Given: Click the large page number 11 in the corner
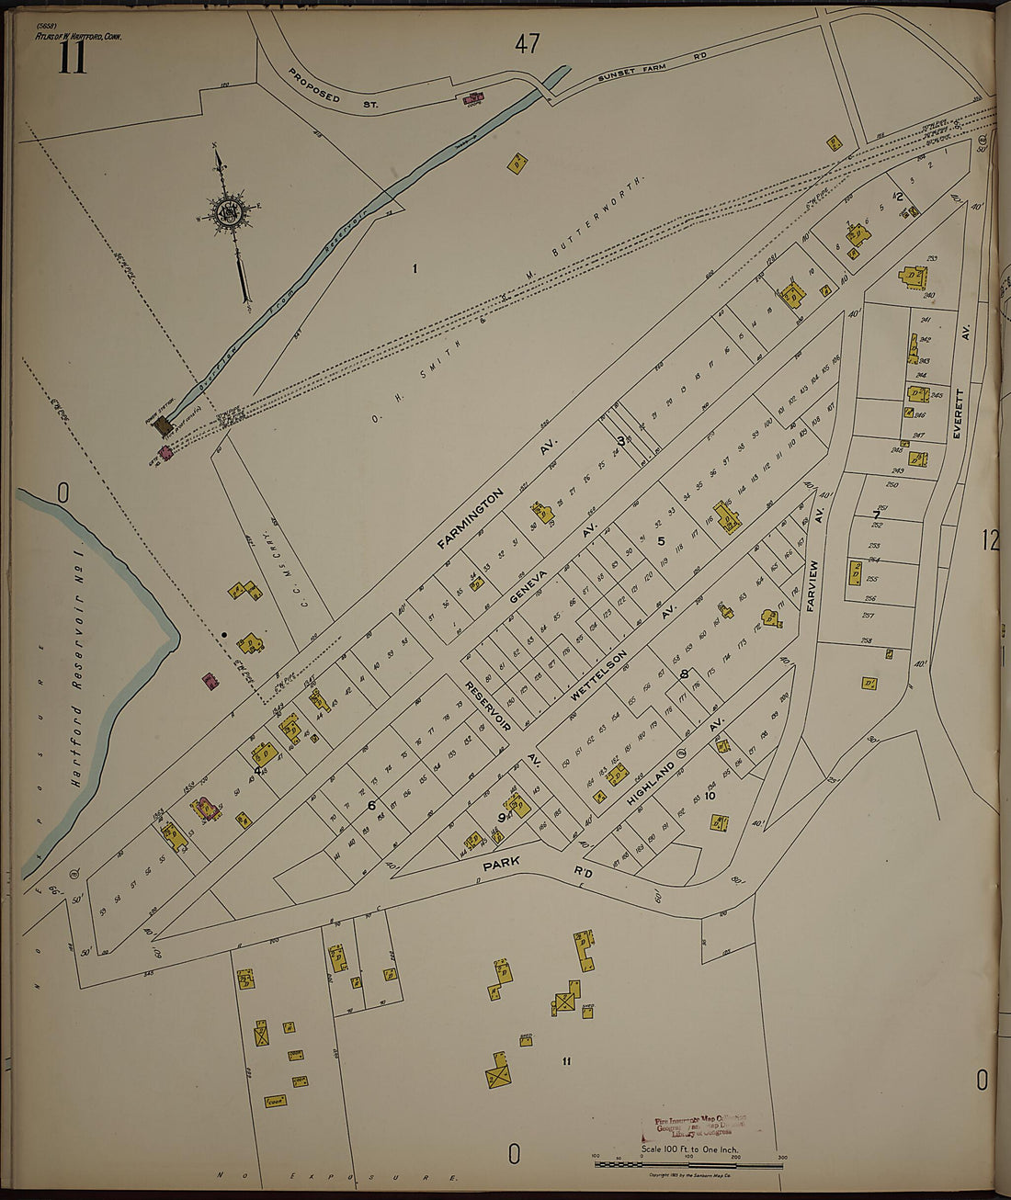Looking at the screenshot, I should point(73,58).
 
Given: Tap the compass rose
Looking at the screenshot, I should point(226,214).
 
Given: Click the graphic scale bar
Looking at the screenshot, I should point(687,1163).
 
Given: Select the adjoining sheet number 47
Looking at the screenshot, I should point(527,43).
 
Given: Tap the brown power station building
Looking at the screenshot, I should point(164,425).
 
